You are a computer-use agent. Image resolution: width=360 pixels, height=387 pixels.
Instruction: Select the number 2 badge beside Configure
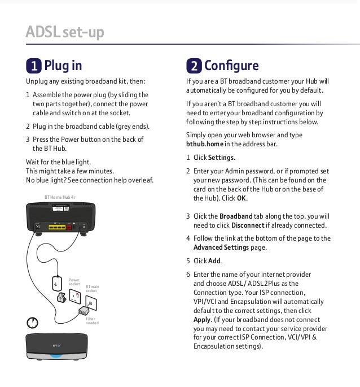[194, 67]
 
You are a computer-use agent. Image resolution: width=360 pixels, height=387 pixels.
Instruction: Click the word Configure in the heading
[232, 66]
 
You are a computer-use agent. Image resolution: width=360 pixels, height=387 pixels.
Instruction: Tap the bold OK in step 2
[242, 199]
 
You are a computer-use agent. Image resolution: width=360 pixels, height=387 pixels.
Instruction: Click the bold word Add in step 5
[214, 261]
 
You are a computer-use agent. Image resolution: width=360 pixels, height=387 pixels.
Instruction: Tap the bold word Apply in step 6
[202, 319]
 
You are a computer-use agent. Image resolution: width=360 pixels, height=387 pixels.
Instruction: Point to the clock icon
[33, 323]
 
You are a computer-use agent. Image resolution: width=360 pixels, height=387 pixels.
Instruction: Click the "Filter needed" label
[92, 321]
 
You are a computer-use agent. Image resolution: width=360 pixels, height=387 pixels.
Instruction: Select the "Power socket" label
[74, 281]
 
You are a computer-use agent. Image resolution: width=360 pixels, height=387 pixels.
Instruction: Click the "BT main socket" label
[92, 289]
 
